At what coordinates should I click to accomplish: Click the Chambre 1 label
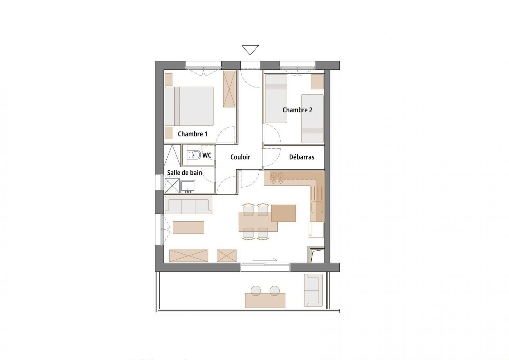pyautogui.click(x=192, y=134)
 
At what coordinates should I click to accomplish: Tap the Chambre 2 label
pyautogui.click(x=297, y=110)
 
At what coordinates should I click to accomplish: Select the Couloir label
pyautogui.click(x=240, y=157)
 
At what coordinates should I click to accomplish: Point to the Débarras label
pyautogui.click(x=302, y=157)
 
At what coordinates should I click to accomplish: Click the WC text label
pyautogui.click(x=207, y=155)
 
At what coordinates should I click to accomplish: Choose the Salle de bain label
pyautogui.click(x=185, y=173)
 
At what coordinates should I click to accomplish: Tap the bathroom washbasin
pyautogui.click(x=188, y=187)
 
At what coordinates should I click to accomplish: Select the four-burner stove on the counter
pyautogui.click(x=277, y=178)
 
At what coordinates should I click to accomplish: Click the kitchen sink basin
pyautogui.click(x=317, y=207)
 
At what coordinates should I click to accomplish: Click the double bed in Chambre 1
pyautogui.click(x=189, y=106)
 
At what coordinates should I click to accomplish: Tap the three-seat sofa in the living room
pyautogui.click(x=188, y=205)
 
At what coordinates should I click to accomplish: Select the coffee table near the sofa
pyautogui.click(x=188, y=227)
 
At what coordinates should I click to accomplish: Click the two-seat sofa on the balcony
pyautogui.click(x=313, y=290)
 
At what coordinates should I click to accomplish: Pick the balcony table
pyautogui.click(x=265, y=300)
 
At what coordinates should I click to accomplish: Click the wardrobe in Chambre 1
pyautogui.click(x=229, y=89)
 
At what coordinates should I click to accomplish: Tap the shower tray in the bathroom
pyautogui.click(x=172, y=185)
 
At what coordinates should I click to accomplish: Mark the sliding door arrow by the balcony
pyautogui.click(x=265, y=259)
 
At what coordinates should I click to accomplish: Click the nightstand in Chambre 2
pyautogui.click(x=317, y=81)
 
